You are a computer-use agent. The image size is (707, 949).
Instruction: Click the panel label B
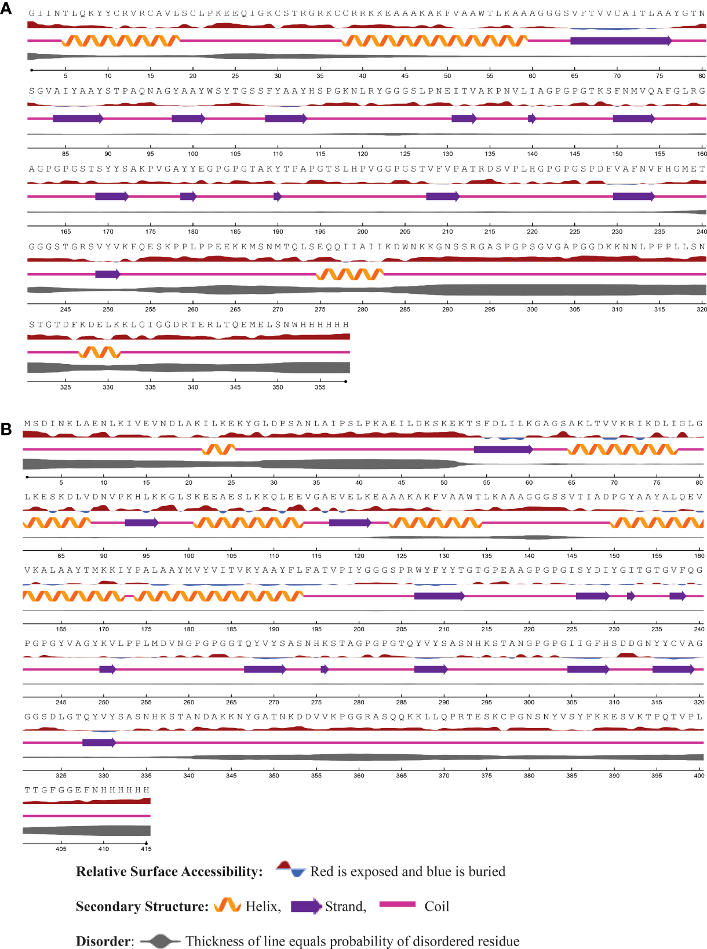(6, 429)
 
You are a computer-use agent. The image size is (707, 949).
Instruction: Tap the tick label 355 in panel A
(320, 387)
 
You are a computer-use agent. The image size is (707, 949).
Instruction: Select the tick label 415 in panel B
(146, 849)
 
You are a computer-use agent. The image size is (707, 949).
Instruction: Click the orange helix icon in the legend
(227, 906)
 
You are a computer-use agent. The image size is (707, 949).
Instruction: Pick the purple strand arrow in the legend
(306, 906)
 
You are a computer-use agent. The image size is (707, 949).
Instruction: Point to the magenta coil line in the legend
(397, 904)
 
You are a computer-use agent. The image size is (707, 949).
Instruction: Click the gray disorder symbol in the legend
(161, 941)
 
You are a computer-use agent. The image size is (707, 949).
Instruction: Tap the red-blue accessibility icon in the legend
(290, 869)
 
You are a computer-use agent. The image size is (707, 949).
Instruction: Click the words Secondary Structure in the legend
(142, 907)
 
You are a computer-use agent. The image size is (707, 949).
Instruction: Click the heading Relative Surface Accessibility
(169, 872)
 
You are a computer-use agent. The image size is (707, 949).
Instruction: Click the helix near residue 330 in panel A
(99, 352)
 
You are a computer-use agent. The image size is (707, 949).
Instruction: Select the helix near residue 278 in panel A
(350, 274)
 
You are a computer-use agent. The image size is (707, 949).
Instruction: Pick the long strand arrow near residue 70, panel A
(621, 41)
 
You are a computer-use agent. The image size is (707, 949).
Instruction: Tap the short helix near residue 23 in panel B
(218, 449)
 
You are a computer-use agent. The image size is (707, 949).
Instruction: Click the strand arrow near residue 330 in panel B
(99, 743)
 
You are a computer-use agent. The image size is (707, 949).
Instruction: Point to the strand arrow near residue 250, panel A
(107, 274)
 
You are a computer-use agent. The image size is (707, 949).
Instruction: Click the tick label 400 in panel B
(699, 776)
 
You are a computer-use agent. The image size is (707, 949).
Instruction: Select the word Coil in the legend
(436, 907)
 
